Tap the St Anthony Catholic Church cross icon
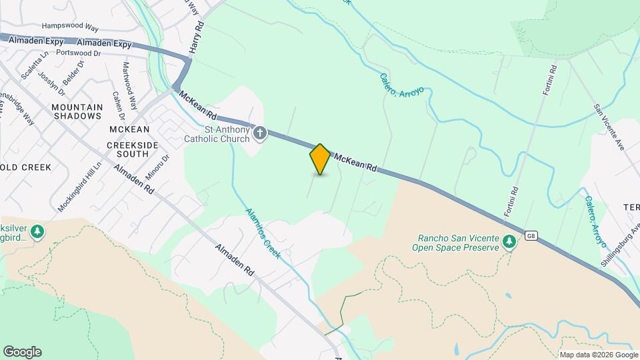[260, 135]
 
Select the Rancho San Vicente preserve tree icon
[509, 241]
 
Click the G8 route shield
[531, 235]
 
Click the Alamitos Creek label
[263, 234]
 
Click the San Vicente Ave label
[609, 126]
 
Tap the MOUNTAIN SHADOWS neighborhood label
[77, 111]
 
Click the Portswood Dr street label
[79, 53]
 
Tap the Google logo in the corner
[22, 352]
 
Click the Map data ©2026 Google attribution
[599, 355]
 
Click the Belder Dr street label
[73, 73]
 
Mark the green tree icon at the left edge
[38, 231]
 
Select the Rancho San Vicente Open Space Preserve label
[458, 243]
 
